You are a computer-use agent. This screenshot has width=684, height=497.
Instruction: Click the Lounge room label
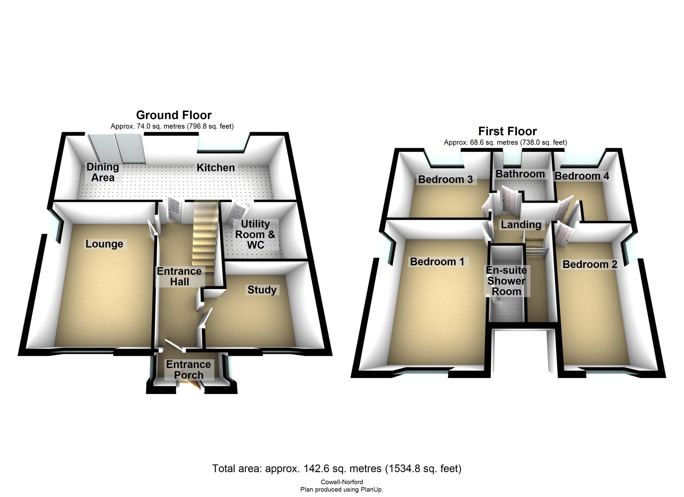coord(104,244)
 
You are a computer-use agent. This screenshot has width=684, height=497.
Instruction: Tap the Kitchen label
coord(216,168)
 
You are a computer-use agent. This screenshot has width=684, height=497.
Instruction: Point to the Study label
coord(262,290)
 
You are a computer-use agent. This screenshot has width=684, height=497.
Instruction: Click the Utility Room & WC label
coord(255,234)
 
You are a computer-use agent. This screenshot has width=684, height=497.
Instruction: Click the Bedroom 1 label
coord(437,262)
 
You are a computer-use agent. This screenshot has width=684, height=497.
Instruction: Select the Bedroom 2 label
coord(590,264)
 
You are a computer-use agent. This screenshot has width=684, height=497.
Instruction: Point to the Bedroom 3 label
coord(445,179)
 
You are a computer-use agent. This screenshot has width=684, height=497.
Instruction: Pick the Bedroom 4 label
coord(582,176)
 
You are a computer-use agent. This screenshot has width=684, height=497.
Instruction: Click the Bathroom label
coord(520,174)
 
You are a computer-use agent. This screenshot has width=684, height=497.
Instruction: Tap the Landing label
coord(521,224)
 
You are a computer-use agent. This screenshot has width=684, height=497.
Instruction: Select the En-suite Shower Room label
coord(506,281)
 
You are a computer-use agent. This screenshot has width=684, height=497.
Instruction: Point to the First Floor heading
coord(508,131)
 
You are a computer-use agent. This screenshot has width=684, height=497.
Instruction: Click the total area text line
coord(337,468)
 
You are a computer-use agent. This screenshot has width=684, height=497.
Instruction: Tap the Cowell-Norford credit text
coord(342,482)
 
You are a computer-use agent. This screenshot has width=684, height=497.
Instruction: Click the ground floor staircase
coord(205,238)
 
